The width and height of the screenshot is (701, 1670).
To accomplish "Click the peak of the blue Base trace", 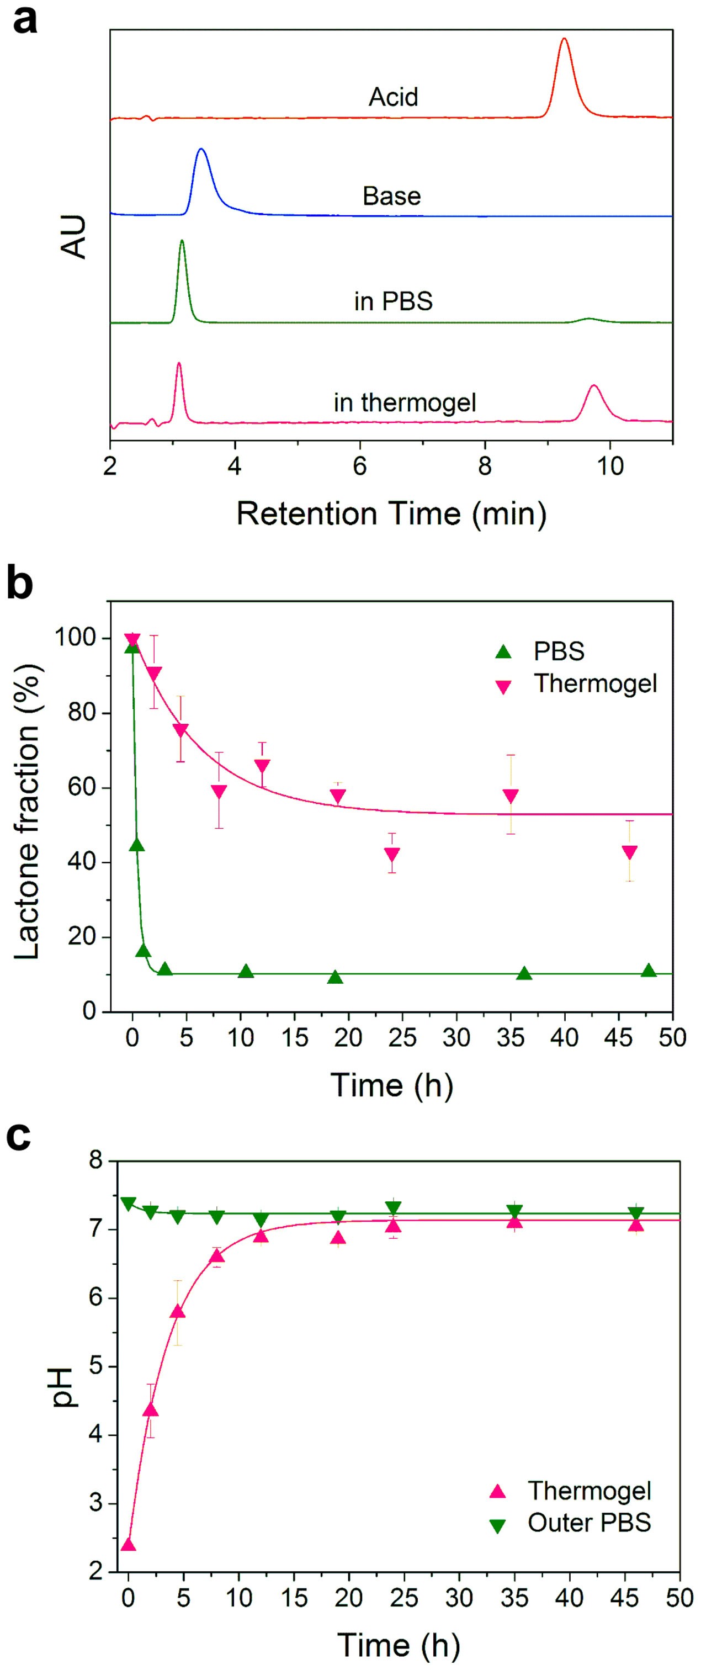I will tap(201, 150).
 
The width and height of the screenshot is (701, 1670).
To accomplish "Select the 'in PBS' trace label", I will tap(393, 301).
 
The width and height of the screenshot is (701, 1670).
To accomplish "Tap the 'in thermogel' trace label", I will tap(405, 402).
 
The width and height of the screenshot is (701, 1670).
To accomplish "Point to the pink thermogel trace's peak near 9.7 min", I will tap(593, 386).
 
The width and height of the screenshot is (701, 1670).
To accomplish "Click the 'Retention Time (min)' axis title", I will tap(391, 514).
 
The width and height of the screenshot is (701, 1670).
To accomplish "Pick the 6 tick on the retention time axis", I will tap(360, 466).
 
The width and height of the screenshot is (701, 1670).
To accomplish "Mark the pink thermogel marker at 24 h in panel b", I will tap(392, 854).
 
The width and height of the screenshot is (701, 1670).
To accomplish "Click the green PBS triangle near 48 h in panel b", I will tap(649, 971).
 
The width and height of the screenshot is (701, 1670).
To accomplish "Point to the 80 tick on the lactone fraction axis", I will tap(83, 713).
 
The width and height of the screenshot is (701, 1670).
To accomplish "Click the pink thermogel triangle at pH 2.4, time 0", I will tap(129, 1545).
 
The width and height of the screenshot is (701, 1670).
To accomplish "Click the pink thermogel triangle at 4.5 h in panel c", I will tap(177, 1313).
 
